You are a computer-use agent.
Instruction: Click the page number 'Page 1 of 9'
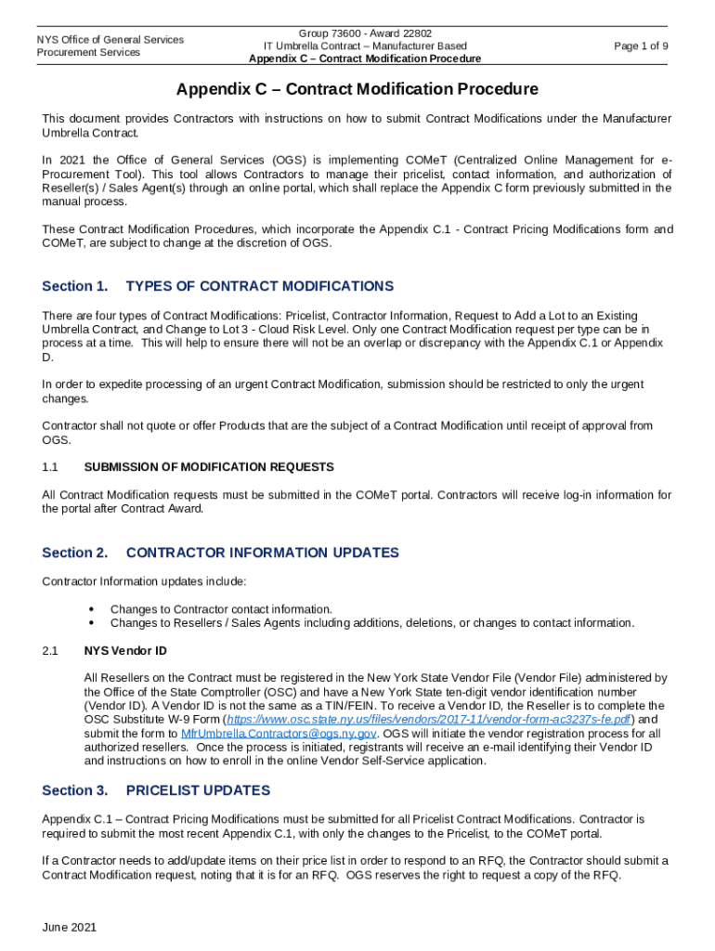(641, 46)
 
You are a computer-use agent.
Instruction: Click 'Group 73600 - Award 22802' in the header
(365, 33)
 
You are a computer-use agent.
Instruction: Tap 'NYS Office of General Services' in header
(110, 39)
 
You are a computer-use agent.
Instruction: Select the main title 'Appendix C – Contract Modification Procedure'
(357, 89)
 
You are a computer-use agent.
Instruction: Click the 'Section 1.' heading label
(75, 286)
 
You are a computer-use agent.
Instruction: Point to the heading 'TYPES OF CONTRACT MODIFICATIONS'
(259, 286)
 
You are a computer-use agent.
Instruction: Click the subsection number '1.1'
(50, 466)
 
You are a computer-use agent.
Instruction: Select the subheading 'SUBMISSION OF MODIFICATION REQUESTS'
(209, 466)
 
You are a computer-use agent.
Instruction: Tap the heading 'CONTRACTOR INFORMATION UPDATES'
(262, 553)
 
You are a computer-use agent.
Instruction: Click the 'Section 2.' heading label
(75, 553)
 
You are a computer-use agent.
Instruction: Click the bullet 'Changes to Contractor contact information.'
(221, 609)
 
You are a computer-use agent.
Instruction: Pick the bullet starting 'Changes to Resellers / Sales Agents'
(371, 622)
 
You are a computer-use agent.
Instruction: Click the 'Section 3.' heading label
(75, 790)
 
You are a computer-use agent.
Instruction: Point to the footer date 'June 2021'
(70, 928)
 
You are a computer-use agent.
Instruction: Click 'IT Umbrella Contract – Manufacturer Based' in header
(365, 46)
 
